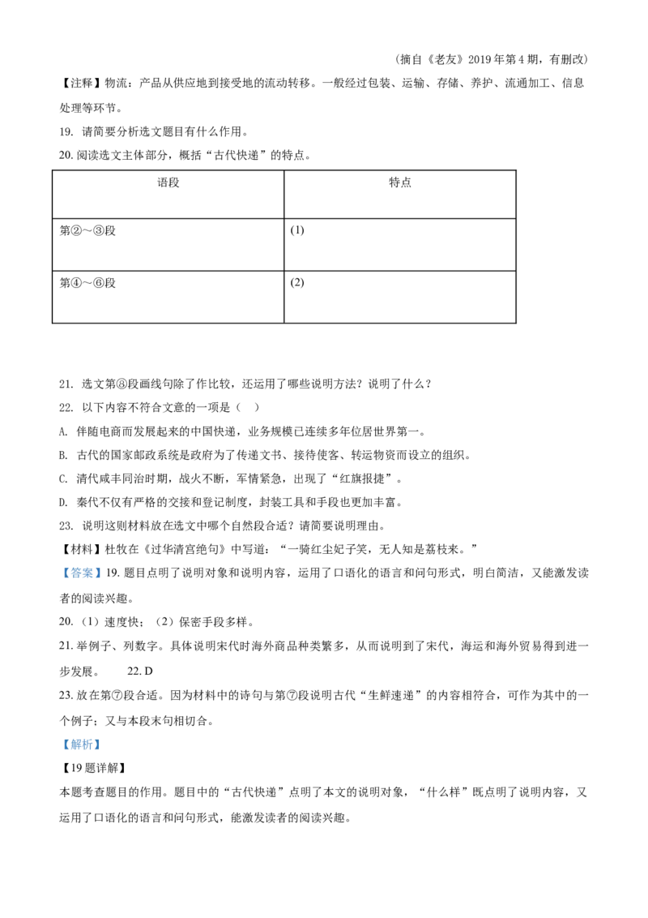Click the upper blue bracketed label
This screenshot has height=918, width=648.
[x=81, y=574]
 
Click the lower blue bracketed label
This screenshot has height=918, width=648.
[x=81, y=744]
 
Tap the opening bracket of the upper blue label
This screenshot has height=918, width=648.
[x=66, y=574]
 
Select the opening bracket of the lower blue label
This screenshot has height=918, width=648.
[x=66, y=744]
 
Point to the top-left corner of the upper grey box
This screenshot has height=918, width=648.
[x=59, y=565]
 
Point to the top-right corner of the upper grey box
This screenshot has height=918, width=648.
[x=103, y=565]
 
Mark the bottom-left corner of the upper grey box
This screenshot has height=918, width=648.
[x=59, y=583]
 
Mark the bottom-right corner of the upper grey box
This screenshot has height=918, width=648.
[x=103, y=583]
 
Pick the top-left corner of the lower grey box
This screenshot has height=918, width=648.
[x=59, y=735]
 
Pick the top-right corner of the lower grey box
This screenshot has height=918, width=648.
[x=103, y=735]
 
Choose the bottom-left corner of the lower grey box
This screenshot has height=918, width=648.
[x=59, y=752]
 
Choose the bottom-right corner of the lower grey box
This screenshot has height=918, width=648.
[x=103, y=752]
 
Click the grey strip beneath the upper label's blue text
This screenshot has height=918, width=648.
[x=81, y=581]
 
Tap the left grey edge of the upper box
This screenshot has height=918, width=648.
[x=61, y=574]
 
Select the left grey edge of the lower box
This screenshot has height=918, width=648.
[x=61, y=744]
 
